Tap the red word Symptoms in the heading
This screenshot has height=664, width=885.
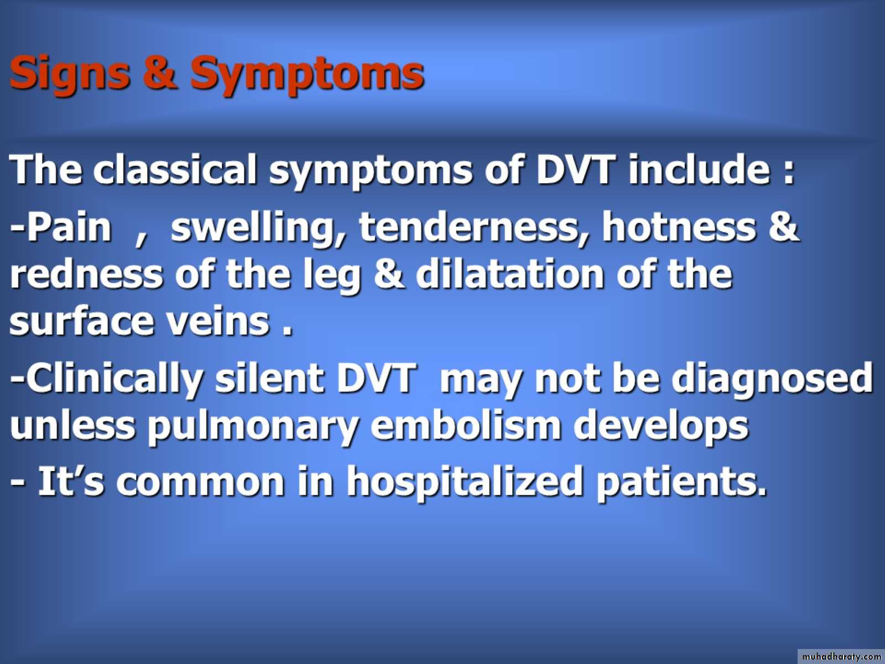(x=307, y=75)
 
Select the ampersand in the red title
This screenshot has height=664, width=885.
(x=160, y=72)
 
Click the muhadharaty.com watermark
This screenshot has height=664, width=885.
(x=841, y=656)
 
